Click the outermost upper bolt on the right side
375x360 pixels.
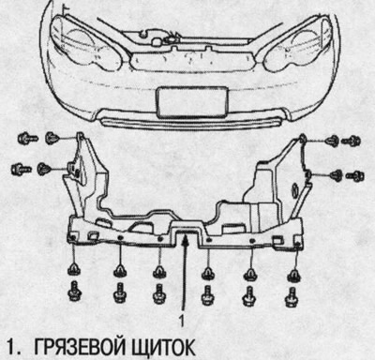coord(352,142)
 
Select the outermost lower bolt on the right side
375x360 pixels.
coord(355,175)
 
